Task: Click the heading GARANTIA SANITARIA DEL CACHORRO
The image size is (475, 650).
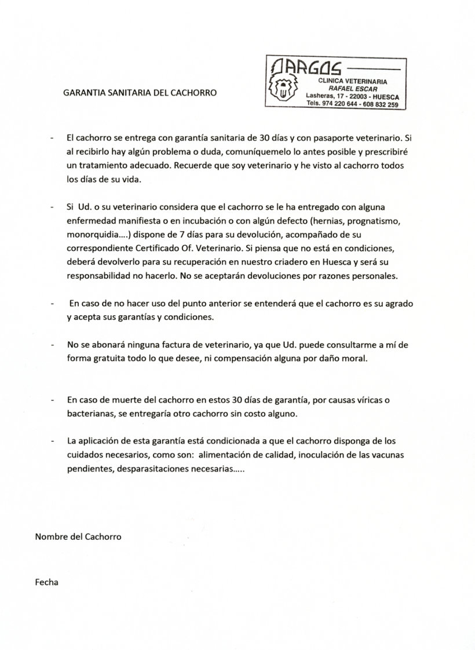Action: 140,92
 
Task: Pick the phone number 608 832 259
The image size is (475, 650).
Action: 381,104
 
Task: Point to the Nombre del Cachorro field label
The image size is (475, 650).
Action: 78,536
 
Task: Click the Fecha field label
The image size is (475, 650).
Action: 47,582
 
